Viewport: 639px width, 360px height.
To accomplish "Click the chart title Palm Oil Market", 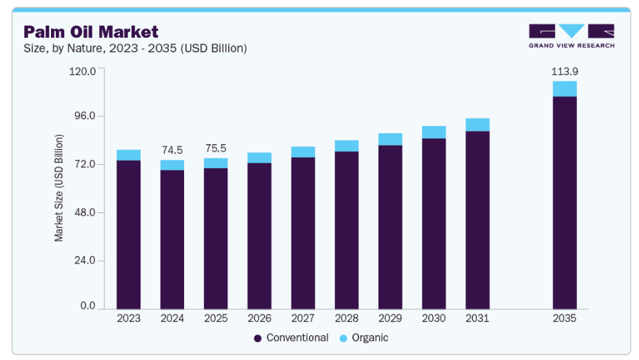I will click(91, 32).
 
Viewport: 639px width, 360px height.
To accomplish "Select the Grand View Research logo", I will click(571, 36).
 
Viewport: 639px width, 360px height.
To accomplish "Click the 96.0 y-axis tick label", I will click(84, 117).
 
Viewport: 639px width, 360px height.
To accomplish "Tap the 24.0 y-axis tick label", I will click(84, 261).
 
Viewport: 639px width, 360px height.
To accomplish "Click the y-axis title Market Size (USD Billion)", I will click(59, 188).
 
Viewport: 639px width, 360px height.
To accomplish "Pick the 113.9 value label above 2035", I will click(564, 72).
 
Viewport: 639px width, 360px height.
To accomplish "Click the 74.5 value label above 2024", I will click(172, 150).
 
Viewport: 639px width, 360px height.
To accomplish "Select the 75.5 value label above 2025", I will click(216, 148).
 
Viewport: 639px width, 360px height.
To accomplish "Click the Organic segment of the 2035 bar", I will click(565, 88).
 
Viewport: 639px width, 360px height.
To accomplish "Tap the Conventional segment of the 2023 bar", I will click(128, 234).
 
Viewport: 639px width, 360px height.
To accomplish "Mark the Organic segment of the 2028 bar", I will click(347, 146).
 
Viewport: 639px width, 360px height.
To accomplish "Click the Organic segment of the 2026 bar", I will click(259, 157).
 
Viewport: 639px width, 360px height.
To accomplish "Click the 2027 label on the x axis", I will click(303, 319).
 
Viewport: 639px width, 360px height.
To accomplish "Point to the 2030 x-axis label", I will click(434, 319).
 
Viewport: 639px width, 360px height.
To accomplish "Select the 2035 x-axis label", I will click(565, 319).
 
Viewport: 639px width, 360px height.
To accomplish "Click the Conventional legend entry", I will click(292, 338).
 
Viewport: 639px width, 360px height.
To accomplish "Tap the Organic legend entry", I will click(365, 338).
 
